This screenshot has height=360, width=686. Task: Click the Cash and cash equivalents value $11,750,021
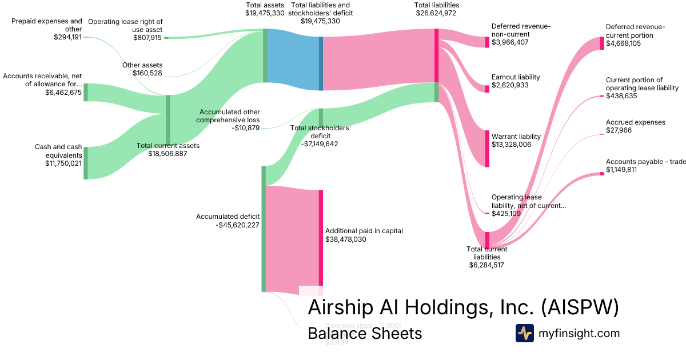click(x=63, y=163)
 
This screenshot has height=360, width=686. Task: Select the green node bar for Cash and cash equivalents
click(x=86, y=163)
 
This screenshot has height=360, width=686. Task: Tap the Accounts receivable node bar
click(x=86, y=92)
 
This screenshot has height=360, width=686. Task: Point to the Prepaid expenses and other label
click(x=47, y=25)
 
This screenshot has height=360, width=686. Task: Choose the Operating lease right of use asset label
click(x=126, y=25)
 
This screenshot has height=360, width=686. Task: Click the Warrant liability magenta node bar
click(x=487, y=149)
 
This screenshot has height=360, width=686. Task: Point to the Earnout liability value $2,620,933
click(x=510, y=85)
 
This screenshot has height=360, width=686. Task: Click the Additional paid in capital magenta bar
click(x=321, y=237)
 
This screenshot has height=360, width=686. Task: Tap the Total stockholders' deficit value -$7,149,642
click(x=320, y=144)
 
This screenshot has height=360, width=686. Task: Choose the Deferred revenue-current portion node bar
click(x=601, y=43)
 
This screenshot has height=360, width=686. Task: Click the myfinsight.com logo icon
click(x=524, y=333)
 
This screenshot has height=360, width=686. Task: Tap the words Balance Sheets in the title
click(x=365, y=333)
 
